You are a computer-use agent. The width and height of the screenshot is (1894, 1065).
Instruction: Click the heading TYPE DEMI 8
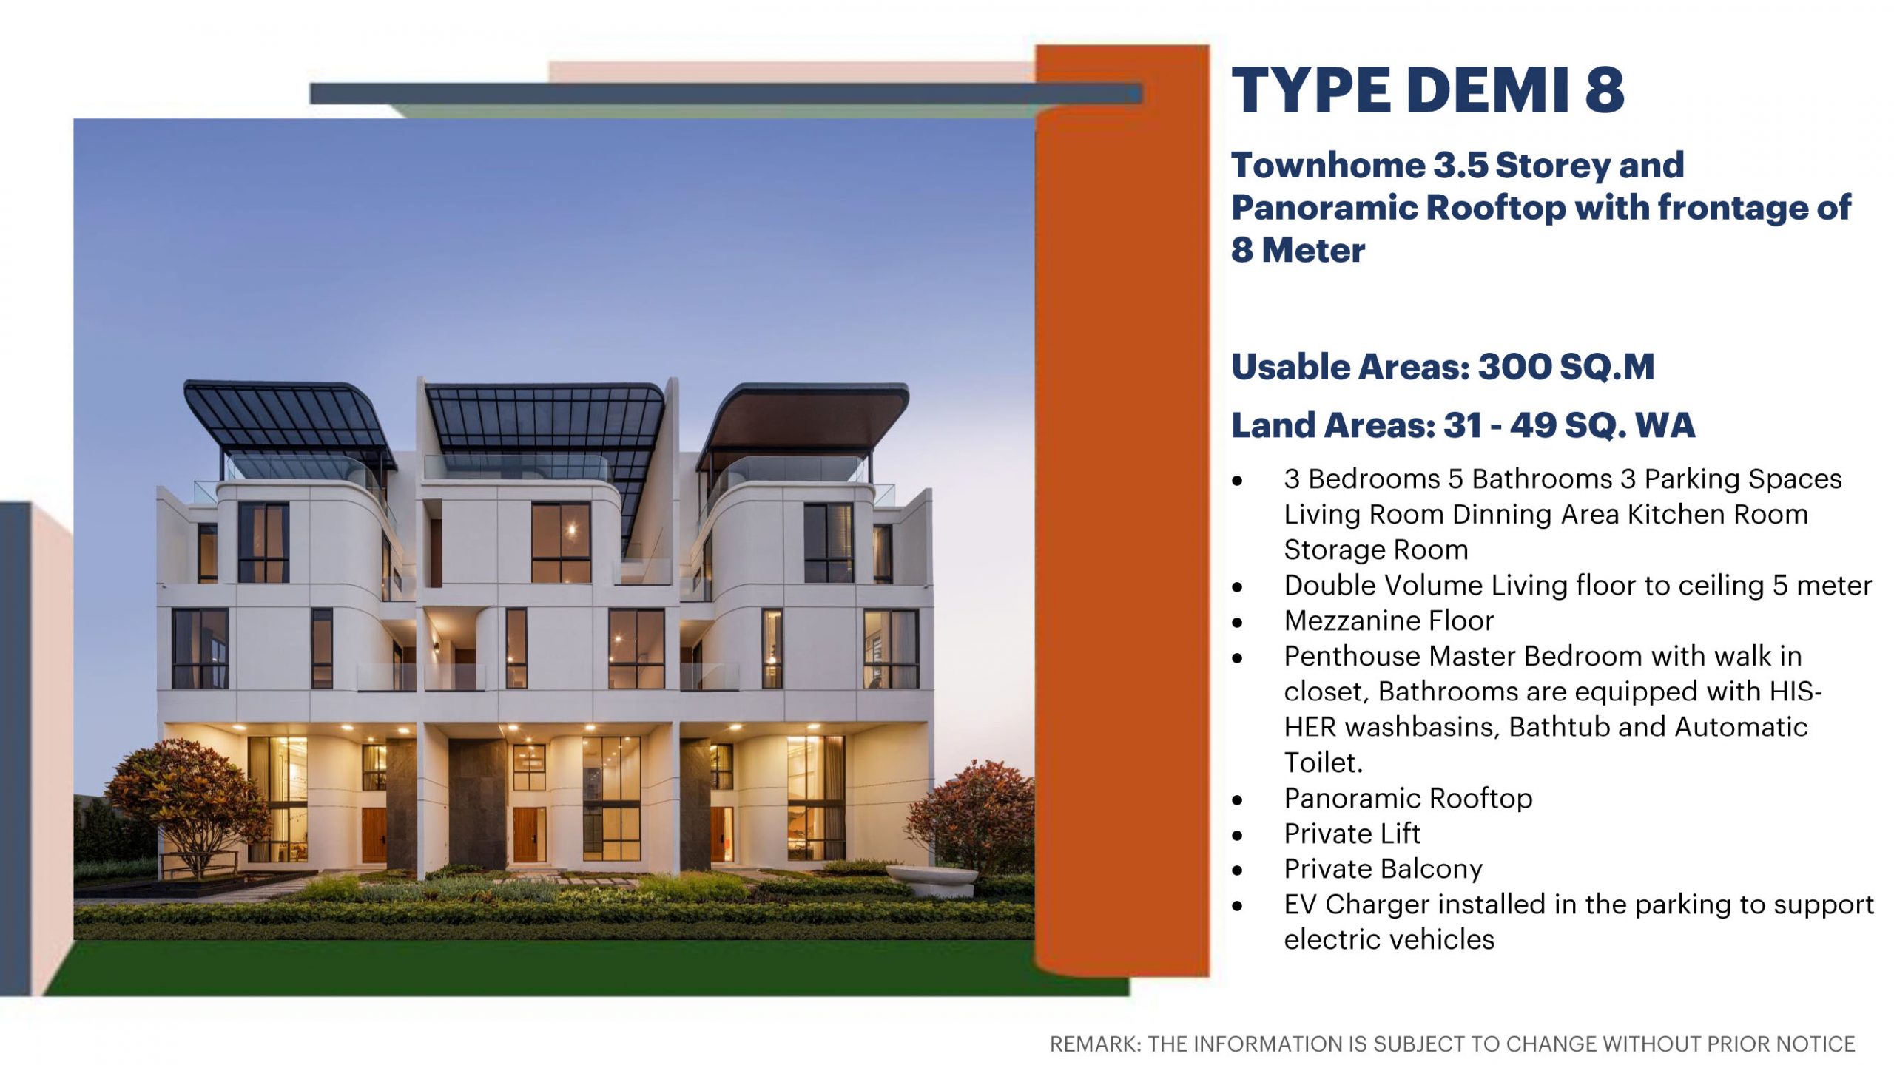(x=1427, y=90)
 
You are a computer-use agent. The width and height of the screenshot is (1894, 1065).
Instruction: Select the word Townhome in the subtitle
(x=1327, y=166)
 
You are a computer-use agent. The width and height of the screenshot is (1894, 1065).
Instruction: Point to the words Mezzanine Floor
(x=1389, y=621)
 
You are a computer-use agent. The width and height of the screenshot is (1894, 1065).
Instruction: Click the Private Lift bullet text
(x=1352, y=834)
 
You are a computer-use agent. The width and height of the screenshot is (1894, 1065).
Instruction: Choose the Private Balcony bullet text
(x=1383, y=869)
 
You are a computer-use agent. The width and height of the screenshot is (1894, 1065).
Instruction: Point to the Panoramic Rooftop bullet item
(x=1408, y=798)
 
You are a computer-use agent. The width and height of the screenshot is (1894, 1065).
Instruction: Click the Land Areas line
(x=1463, y=425)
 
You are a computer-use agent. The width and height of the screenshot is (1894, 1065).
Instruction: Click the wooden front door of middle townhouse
(x=529, y=834)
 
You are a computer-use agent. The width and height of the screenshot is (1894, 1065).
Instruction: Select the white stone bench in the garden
(x=931, y=880)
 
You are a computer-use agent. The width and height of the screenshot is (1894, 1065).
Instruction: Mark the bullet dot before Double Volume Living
(x=1237, y=587)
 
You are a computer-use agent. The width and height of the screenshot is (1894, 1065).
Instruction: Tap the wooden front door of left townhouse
(x=374, y=835)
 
